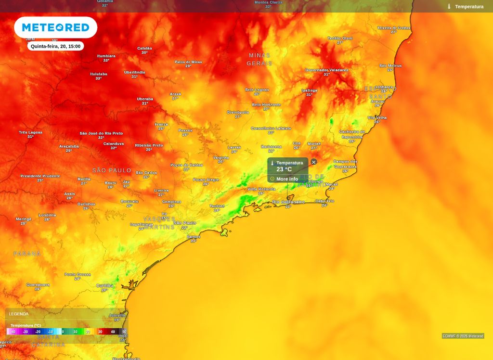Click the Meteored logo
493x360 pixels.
click(x=55, y=27)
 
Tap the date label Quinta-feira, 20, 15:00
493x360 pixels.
click(x=55, y=46)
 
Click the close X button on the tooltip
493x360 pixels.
click(x=314, y=162)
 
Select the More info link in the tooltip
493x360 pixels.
click(x=287, y=179)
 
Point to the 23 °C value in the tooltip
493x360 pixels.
click(x=284, y=169)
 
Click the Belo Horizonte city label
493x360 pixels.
click(x=266, y=104)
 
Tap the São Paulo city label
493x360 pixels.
click(x=184, y=223)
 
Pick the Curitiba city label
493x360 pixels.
click(x=104, y=285)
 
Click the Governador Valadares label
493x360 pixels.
click(x=326, y=70)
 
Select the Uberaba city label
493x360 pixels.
click(x=145, y=99)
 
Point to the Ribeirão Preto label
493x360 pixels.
click(x=149, y=145)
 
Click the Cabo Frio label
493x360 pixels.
click(x=324, y=201)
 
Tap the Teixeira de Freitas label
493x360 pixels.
click(x=394, y=28)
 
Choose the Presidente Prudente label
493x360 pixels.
click(x=40, y=176)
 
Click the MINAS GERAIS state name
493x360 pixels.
click(x=259, y=59)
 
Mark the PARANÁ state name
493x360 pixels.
click(x=27, y=254)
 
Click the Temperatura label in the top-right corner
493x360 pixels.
click(x=469, y=7)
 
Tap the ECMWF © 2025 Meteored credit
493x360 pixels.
click(x=463, y=336)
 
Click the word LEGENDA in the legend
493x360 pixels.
click(x=19, y=314)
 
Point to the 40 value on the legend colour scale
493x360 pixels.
click(x=113, y=332)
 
